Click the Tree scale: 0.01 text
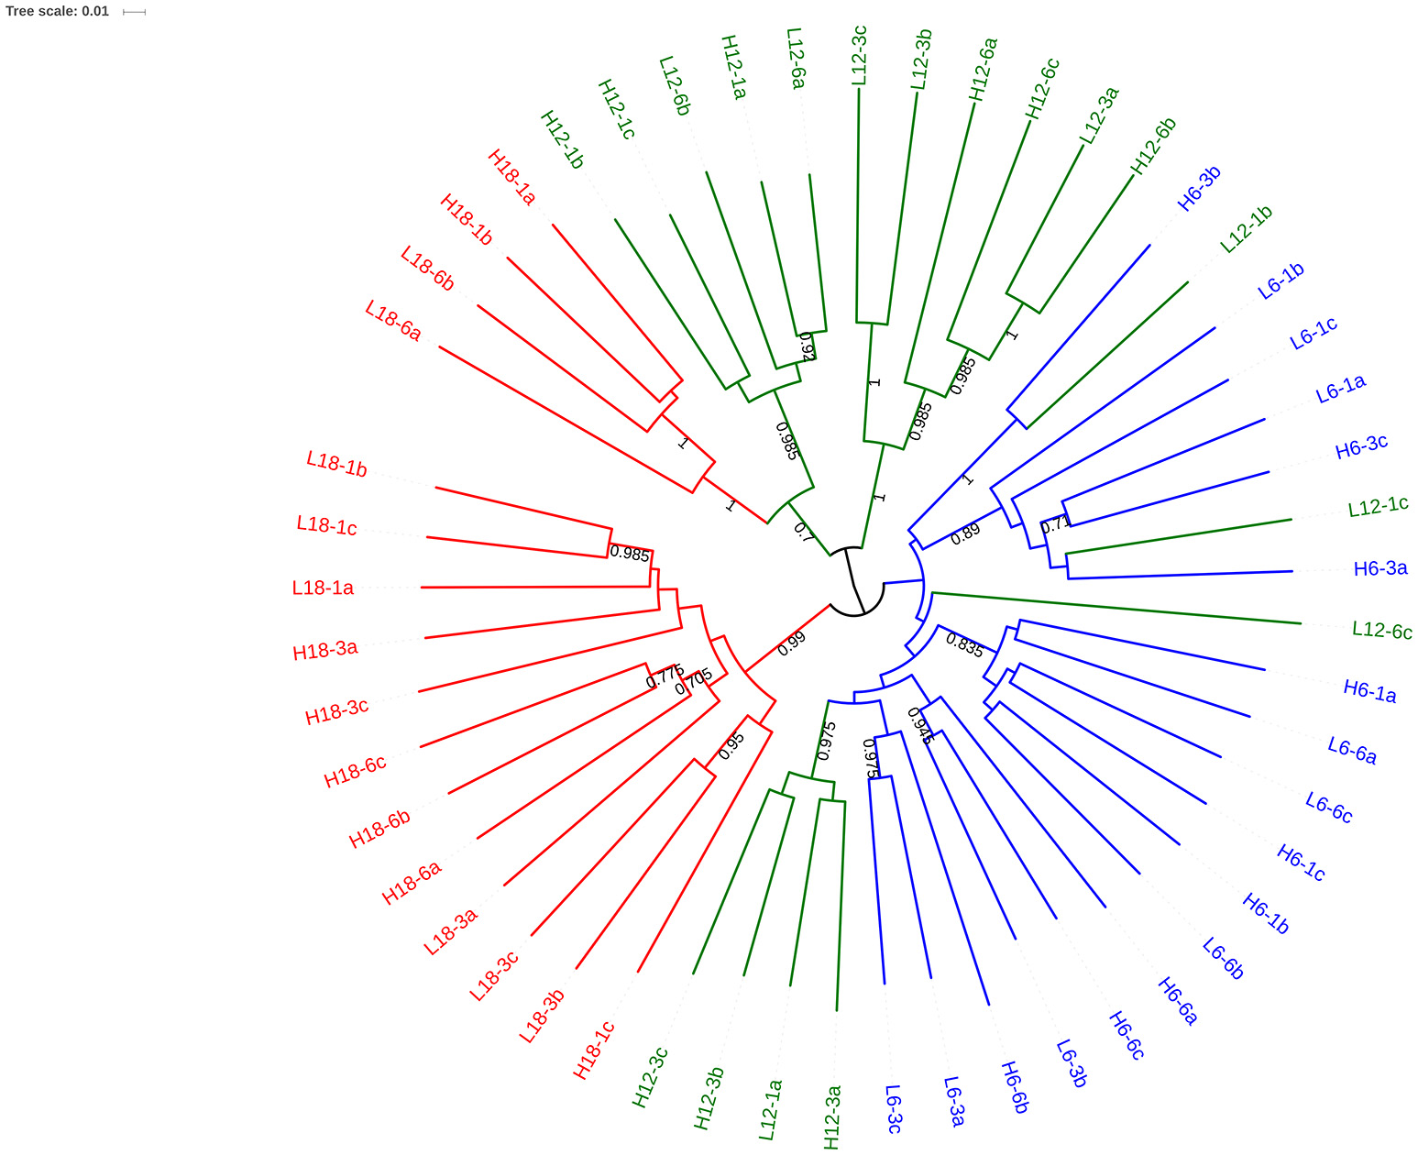57,12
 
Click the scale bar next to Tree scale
134,12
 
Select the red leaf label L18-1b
336,464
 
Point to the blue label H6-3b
1199,189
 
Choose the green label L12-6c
1381,631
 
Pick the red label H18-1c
594,1050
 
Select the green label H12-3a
832,1116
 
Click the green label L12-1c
1378,506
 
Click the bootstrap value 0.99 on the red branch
791,643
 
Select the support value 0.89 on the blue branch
965,534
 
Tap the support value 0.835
964,645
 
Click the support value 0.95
731,746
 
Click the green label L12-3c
859,56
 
